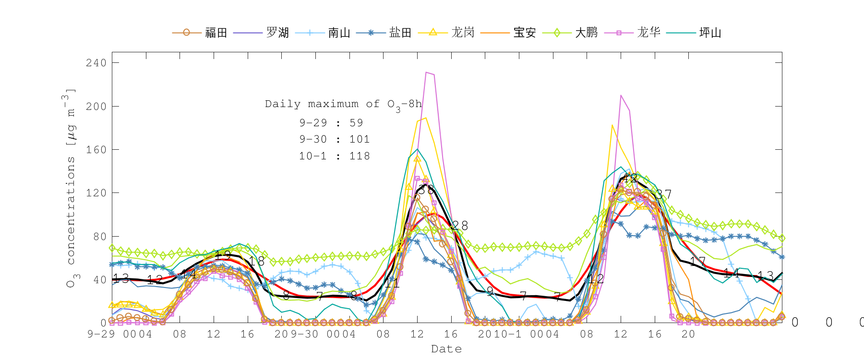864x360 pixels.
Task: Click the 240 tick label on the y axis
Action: coord(96,63)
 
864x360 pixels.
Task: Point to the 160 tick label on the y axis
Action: coord(96,150)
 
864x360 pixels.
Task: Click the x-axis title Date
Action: coord(446,349)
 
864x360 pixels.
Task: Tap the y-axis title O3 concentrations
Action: coord(71,187)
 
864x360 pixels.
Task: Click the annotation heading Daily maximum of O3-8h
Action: coord(344,105)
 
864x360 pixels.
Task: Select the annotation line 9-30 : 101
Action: coord(335,139)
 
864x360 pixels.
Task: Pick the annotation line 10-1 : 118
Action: coord(335,156)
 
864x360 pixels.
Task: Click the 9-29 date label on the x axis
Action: coord(101,334)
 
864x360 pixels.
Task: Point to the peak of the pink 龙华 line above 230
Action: coord(426,72)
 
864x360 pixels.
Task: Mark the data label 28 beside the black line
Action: coord(459,226)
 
